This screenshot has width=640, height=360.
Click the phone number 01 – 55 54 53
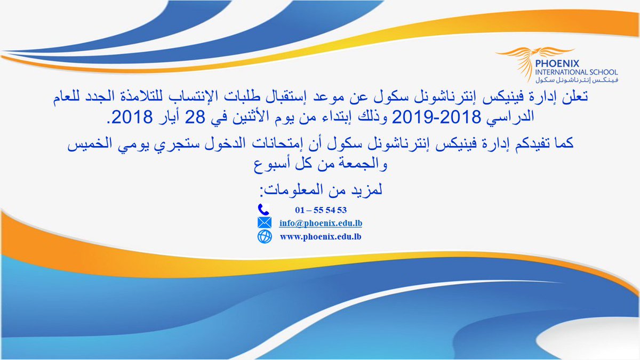[321, 209]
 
